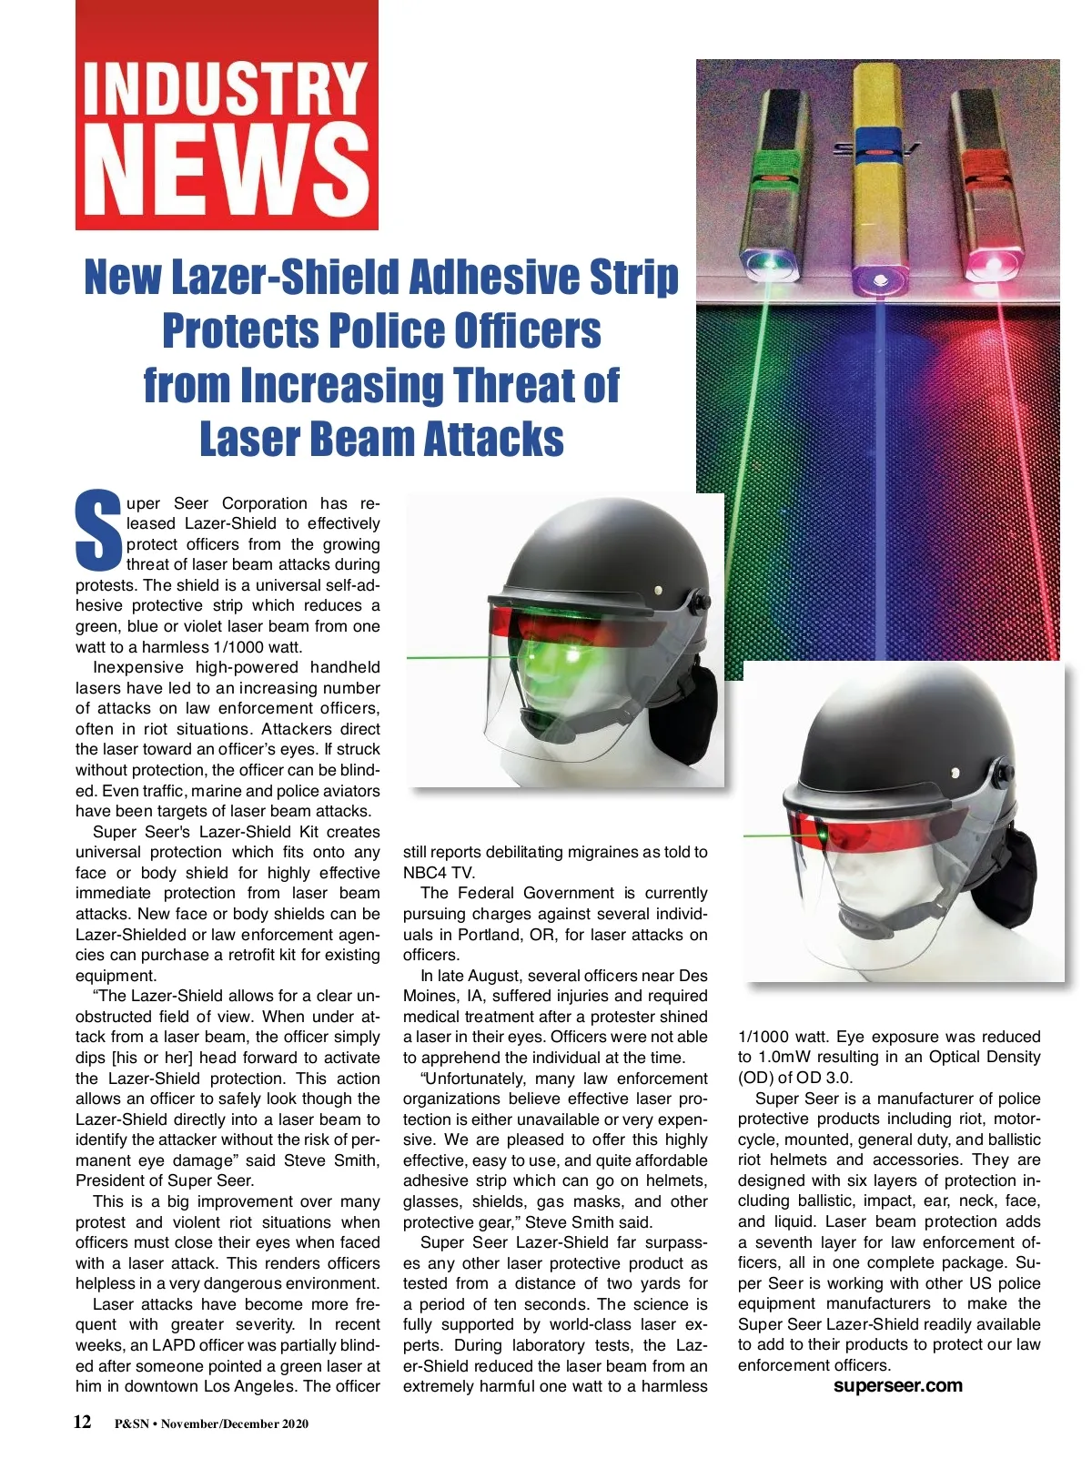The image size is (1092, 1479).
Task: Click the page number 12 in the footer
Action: pyautogui.click(x=83, y=1422)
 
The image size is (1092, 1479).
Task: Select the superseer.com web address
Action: pyautogui.click(x=897, y=1385)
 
